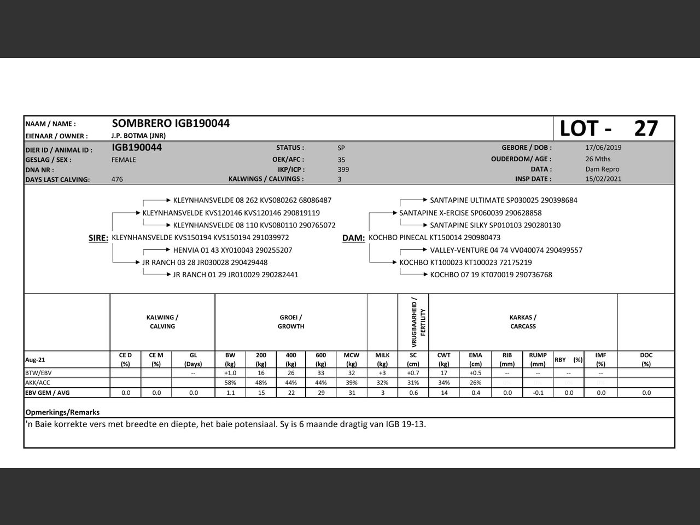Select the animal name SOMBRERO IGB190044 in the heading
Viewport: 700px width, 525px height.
tap(171, 124)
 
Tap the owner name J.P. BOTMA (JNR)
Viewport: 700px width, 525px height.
tap(138, 136)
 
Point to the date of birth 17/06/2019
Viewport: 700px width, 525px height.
tap(603, 148)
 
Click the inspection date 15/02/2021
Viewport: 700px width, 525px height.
tap(603, 179)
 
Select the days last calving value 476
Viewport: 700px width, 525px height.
tap(117, 179)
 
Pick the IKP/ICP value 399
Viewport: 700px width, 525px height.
tap(343, 170)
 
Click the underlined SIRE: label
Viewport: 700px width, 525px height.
tap(98, 238)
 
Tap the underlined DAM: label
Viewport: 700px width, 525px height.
tap(353, 238)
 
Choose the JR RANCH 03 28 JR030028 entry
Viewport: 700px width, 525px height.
tap(205, 262)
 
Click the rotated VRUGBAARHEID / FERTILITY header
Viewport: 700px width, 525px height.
tap(414, 323)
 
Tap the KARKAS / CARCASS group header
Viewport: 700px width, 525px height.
tap(523, 322)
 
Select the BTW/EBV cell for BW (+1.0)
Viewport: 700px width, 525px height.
tap(230, 373)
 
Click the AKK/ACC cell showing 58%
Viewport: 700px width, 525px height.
tap(230, 383)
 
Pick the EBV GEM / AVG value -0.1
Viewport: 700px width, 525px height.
tap(538, 393)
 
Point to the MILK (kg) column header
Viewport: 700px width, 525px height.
tap(382, 359)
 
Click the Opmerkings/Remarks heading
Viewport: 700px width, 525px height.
tap(62, 412)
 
